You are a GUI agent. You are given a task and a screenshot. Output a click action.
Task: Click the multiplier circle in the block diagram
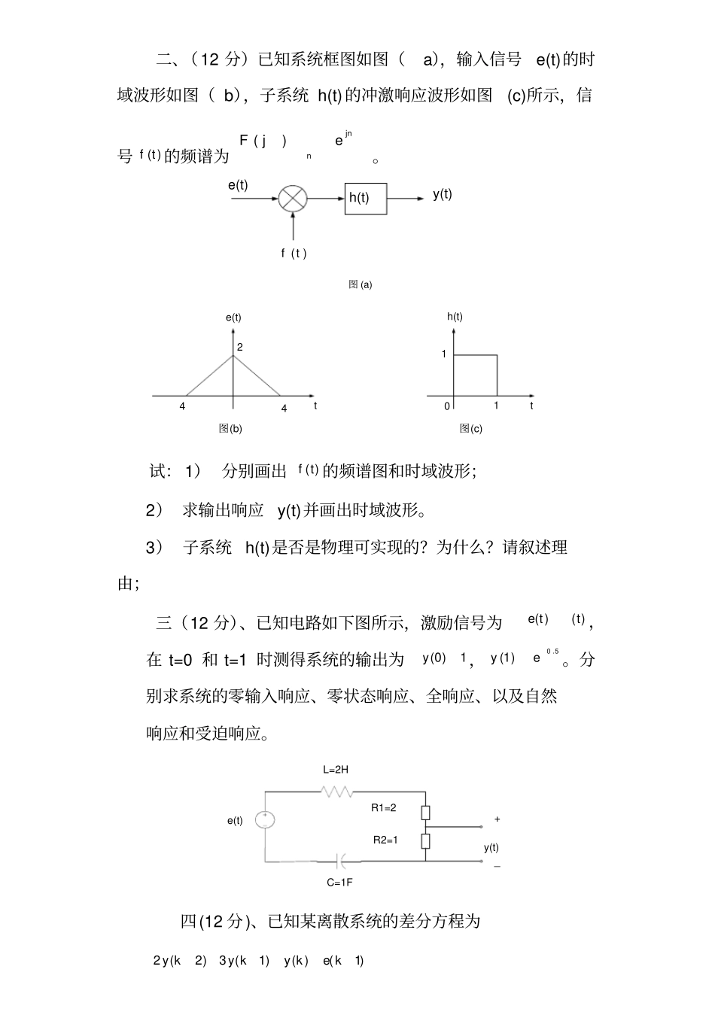[293, 199]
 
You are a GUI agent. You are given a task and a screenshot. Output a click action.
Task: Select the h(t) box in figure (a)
[365, 198]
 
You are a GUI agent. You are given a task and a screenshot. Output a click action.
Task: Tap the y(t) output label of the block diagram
[443, 193]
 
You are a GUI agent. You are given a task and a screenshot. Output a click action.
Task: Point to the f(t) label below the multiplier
[294, 253]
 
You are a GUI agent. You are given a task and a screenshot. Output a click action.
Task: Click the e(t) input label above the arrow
[238, 185]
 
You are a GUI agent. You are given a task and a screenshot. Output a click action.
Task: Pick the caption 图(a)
[361, 284]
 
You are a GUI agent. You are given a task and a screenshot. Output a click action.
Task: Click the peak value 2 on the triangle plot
[240, 347]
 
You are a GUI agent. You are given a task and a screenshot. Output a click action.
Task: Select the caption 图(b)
[230, 428]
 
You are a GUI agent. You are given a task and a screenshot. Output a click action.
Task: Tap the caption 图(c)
[471, 428]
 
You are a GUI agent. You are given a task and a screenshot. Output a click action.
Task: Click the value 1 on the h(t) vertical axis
[444, 354]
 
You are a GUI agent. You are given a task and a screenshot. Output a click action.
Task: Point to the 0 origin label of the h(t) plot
[447, 406]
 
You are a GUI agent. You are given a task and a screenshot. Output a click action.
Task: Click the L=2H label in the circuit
[335, 770]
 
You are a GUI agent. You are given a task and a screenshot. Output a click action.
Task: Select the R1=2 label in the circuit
[384, 807]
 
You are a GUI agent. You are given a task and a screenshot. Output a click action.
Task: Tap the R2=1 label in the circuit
[385, 840]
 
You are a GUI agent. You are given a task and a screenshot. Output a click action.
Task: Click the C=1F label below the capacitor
[339, 882]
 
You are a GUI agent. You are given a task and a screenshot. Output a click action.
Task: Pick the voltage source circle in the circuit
[265, 819]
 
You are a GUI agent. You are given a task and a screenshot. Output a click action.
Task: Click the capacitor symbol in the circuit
[342, 861]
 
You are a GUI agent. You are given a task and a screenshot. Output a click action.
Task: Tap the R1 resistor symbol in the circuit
[425, 812]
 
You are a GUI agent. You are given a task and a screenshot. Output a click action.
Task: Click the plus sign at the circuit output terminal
[497, 819]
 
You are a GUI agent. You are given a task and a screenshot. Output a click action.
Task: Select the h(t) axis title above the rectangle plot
[455, 316]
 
